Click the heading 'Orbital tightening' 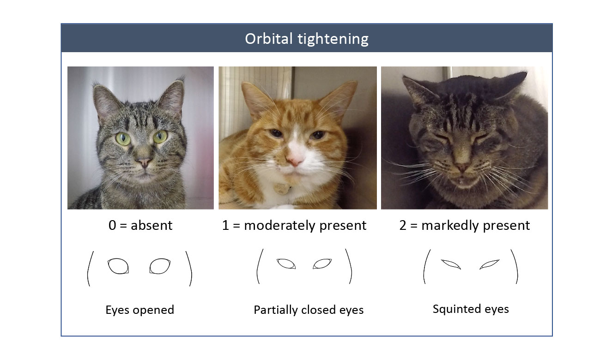pyautogui.click(x=307, y=39)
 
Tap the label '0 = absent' pyautogui.click(x=140, y=225)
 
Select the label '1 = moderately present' pyautogui.click(x=294, y=225)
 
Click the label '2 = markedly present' pyautogui.click(x=465, y=225)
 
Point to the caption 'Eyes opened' pyautogui.click(x=139, y=310)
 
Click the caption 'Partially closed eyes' pyautogui.click(x=309, y=310)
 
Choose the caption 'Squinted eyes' pyautogui.click(x=471, y=309)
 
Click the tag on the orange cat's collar pyautogui.click(x=281, y=188)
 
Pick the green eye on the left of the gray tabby pyautogui.click(x=123, y=138)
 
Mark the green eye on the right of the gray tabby pyautogui.click(x=160, y=137)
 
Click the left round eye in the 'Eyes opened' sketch pyautogui.click(x=118, y=266)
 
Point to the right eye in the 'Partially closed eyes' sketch pyautogui.click(x=322, y=264)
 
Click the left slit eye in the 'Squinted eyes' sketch pyautogui.click(x=451, y=264)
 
